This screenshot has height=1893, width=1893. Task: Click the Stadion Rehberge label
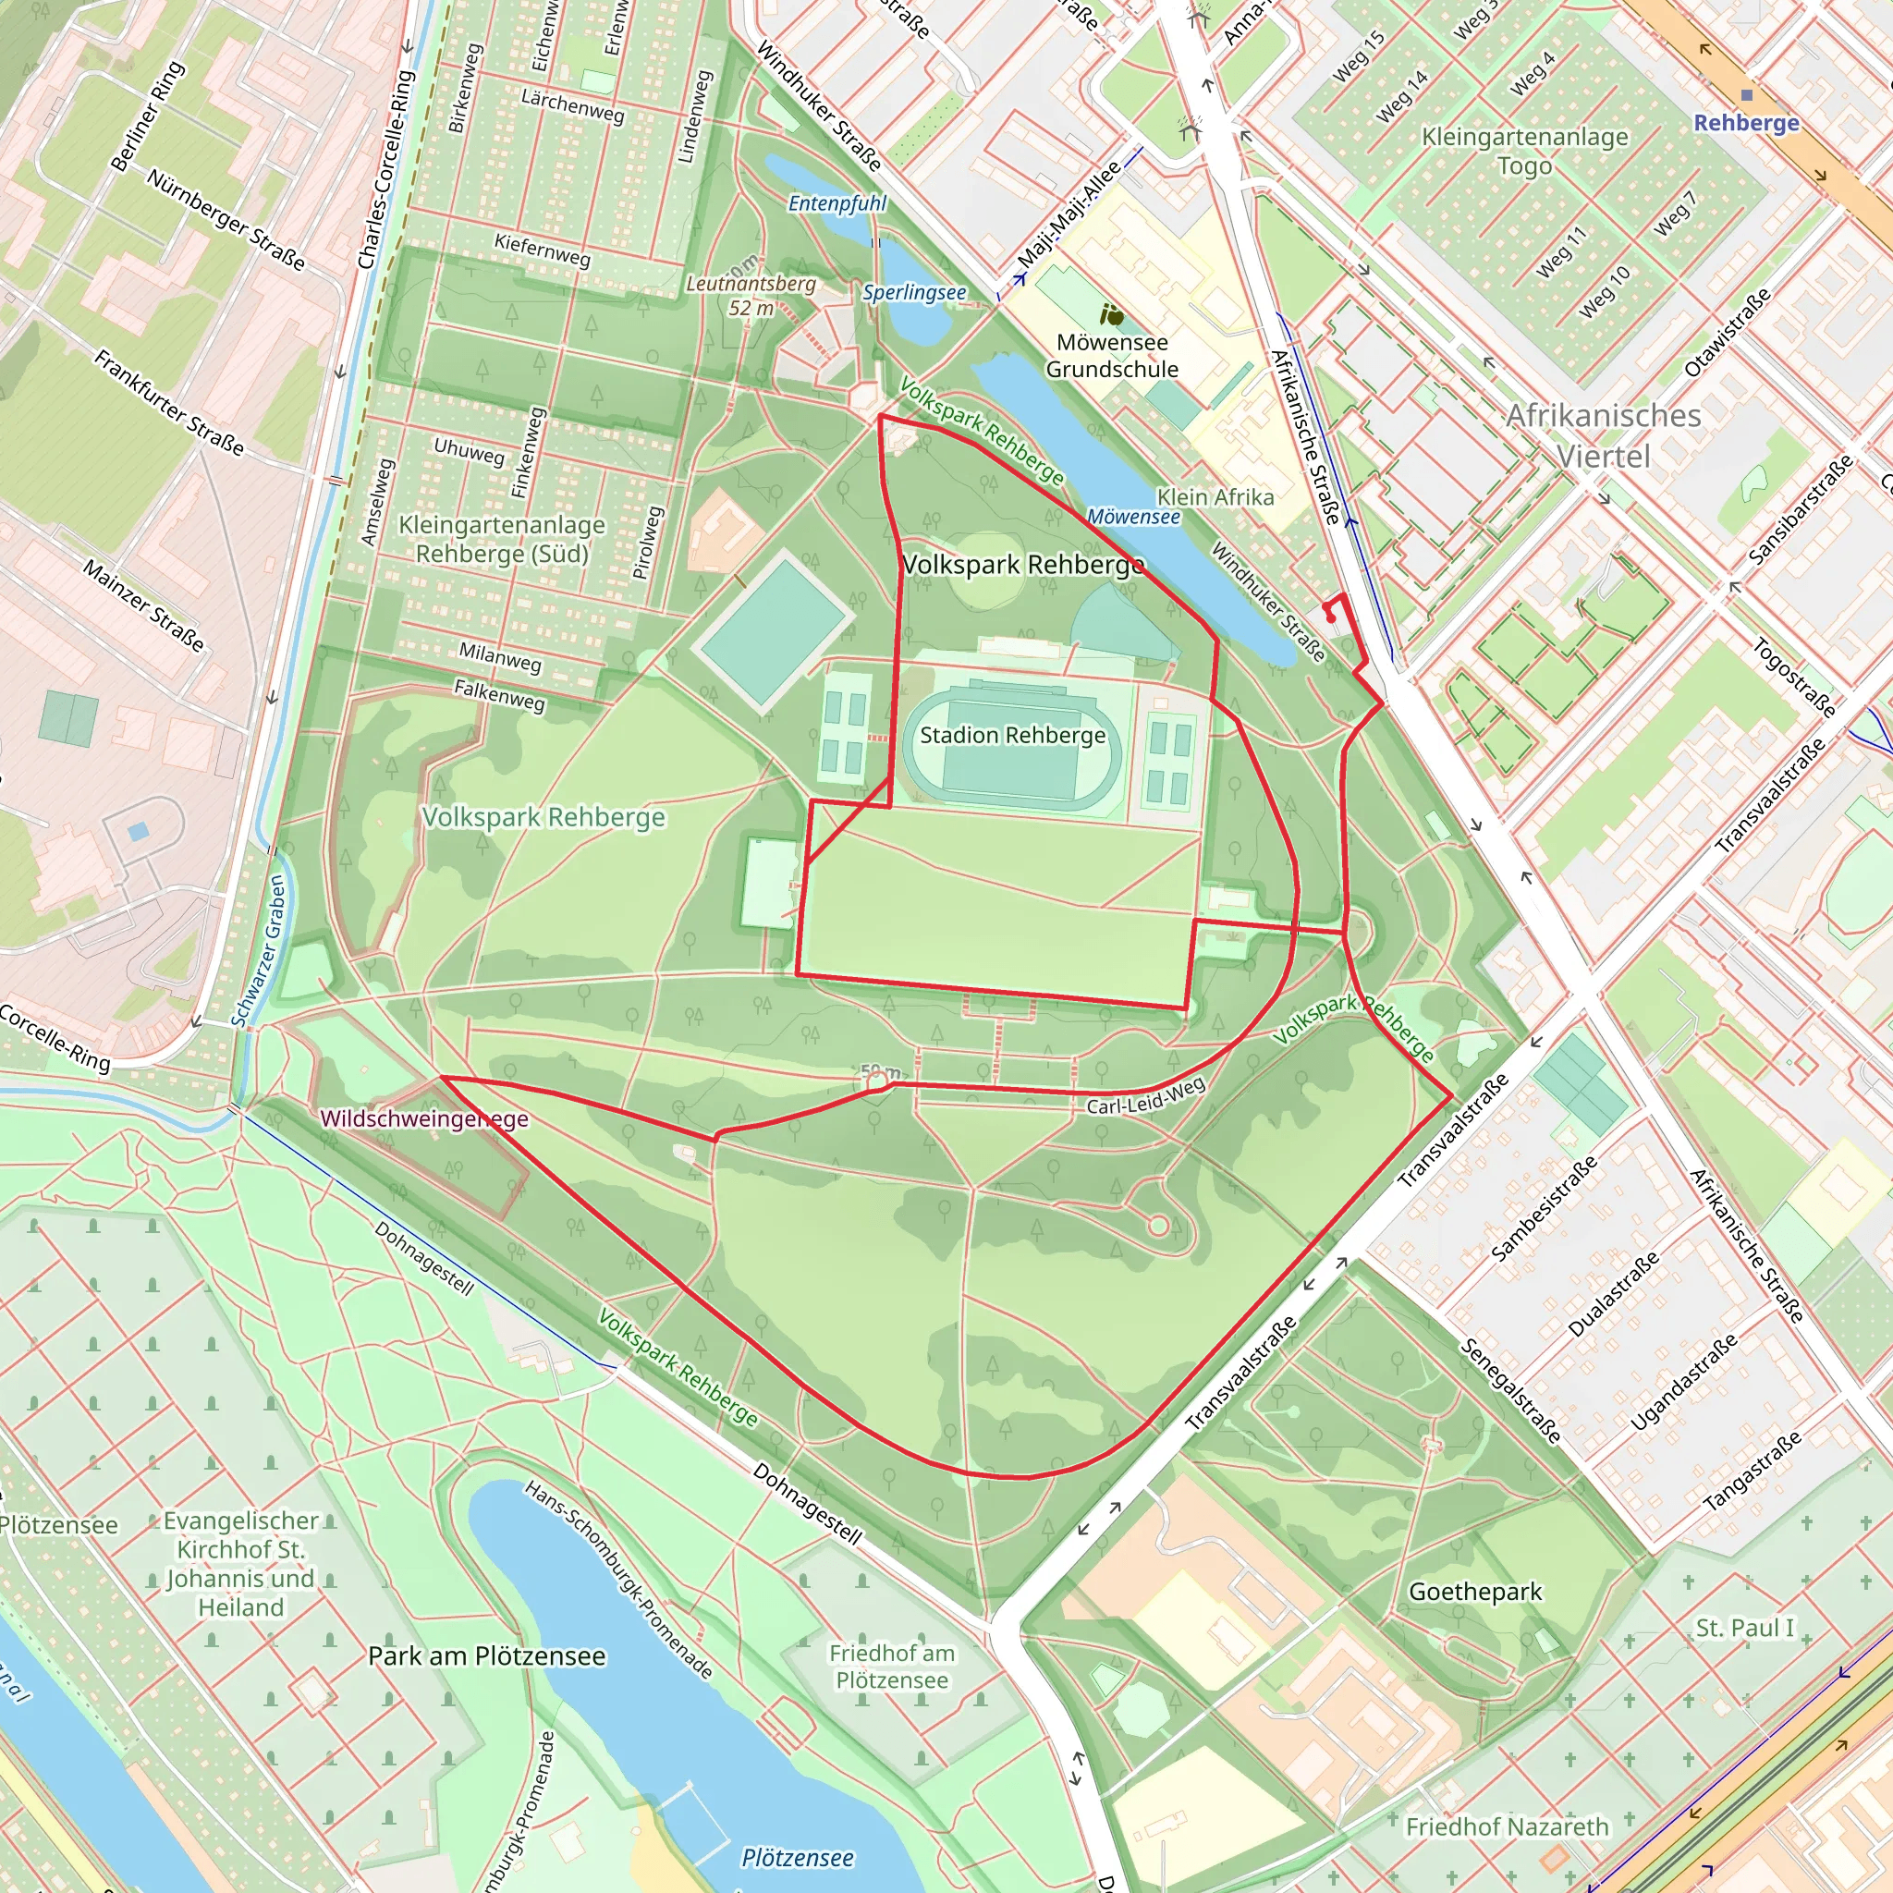[1012, 735]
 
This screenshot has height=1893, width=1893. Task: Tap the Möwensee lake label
[1133, 517]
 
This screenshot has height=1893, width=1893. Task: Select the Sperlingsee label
[914, 292]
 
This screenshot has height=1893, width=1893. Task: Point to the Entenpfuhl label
[837, 202]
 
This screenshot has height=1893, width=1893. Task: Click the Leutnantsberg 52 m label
[751, 295]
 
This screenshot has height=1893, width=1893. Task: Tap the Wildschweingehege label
[424, 1119]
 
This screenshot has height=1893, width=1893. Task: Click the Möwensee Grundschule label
[1112, 356]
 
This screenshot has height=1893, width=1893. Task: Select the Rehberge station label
[1746, 123]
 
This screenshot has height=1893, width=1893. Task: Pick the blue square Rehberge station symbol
[1746, 95]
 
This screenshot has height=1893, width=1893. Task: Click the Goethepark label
[1474, 1593]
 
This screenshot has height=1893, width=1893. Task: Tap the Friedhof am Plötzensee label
[892, 1667]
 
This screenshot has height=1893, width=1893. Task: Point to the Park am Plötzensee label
[487, 1655]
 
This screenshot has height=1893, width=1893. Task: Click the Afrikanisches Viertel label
[1603, 435]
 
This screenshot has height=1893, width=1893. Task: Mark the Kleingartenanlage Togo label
[1524, 150]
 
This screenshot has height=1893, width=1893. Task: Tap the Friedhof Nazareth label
[1507, 1827]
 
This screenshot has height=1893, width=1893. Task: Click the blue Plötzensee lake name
[797, 1858]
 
